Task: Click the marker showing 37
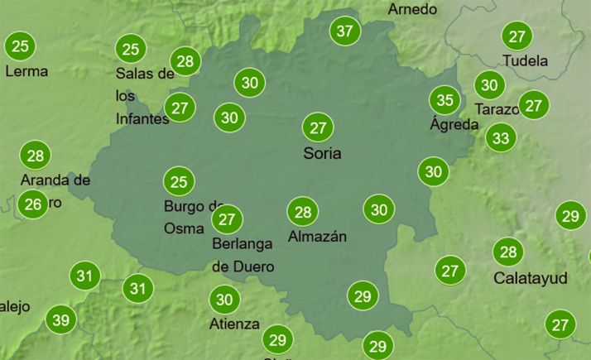click(345, 32)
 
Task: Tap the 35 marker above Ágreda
click(444, 101)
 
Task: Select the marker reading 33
click(500, 137)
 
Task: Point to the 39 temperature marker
click(60, 320)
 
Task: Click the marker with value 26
click(32, 204)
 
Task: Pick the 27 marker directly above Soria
click(317, 127)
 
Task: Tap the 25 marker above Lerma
click(21, 46)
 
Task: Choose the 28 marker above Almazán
click(303, 212)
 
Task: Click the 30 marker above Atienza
click(223, 299)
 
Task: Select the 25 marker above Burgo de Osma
click(178, 181)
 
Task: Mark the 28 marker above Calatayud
click(507, 252)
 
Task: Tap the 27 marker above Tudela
click(517, 36)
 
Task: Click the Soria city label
click(322, 153)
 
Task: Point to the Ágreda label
click(454, 124)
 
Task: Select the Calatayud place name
click(530, 277)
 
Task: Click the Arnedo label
click(411, 10)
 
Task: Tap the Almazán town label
click(317, 237)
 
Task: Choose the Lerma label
click(26, 71)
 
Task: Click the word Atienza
click(235, 324)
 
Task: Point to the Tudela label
click(525, 60)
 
